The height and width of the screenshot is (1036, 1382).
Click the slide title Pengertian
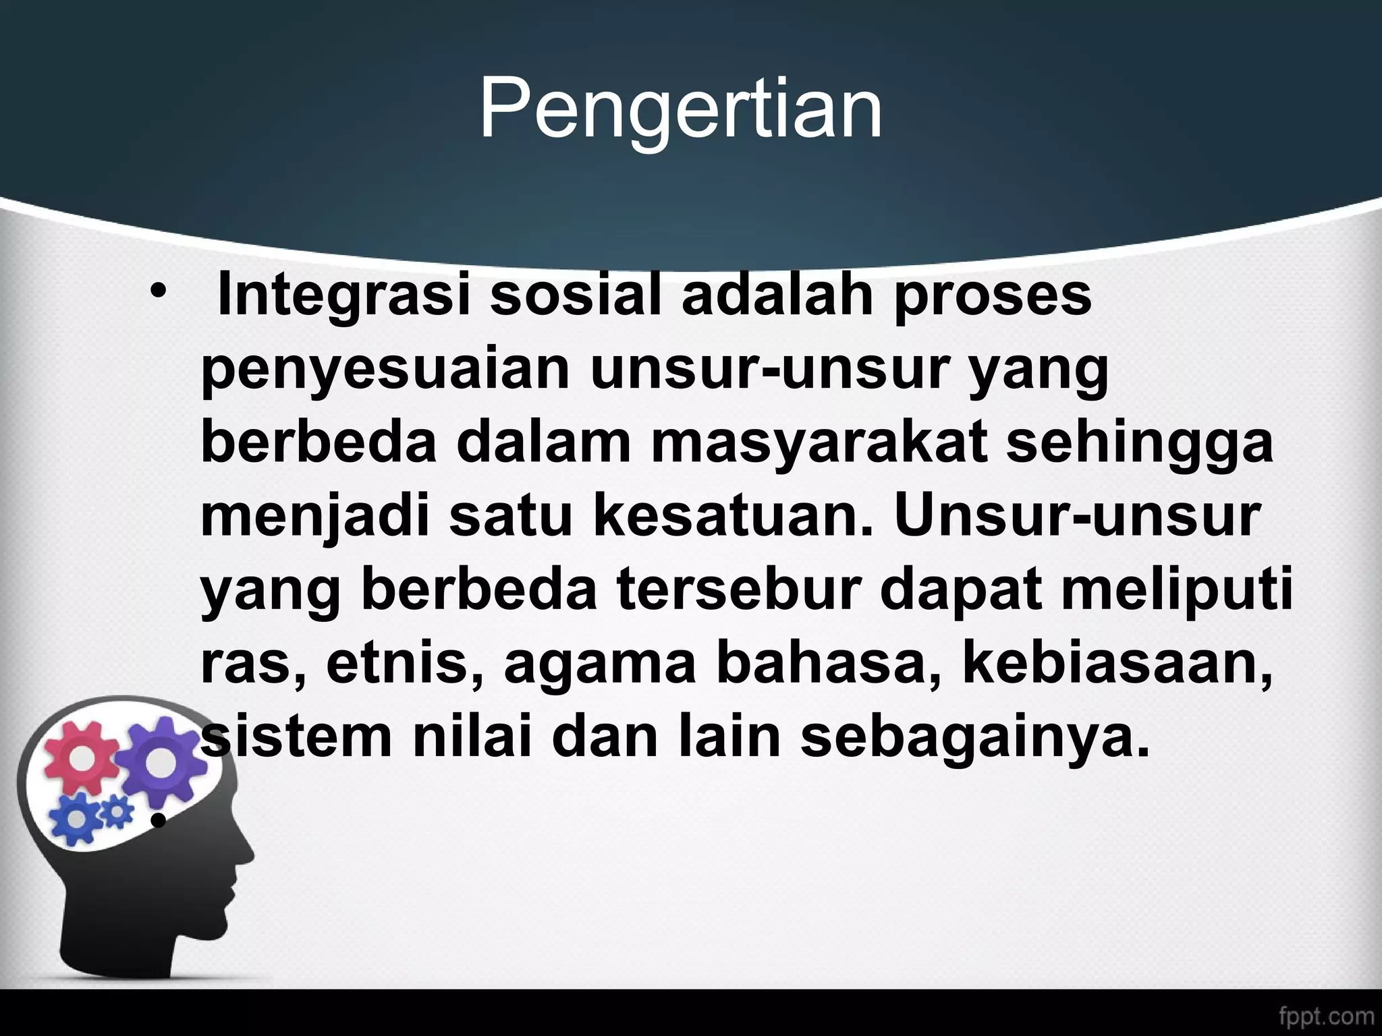coord(680,109)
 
